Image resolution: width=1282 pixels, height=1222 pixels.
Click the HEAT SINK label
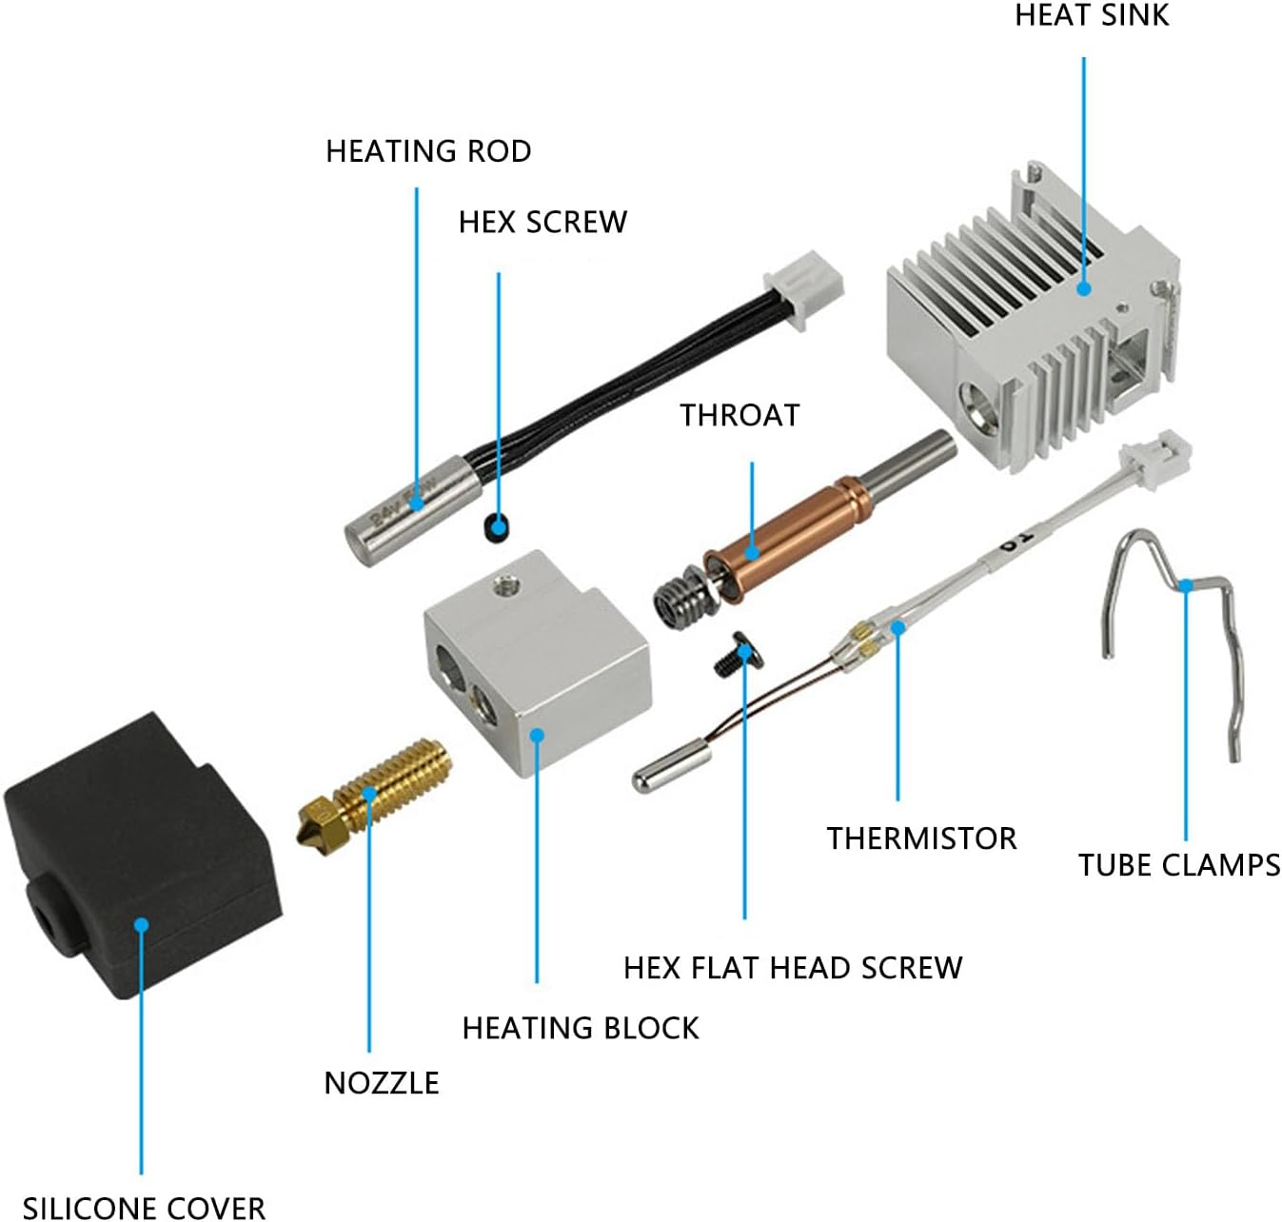click(1091, 15)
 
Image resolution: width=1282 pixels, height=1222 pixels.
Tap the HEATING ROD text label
click(428, 151)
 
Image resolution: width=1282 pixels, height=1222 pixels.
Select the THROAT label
click(740, 416)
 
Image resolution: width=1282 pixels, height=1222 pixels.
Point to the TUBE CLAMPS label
click(1178, 865)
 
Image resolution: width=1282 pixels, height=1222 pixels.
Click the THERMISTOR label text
click(921, 838)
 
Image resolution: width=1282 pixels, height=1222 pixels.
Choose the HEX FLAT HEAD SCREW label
click(793, 968)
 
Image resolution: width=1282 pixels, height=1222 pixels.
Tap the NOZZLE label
click(382, 1083)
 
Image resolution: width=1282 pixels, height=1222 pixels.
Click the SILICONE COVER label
click(144, 1207)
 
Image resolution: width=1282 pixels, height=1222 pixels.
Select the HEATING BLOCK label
click(581, 1028)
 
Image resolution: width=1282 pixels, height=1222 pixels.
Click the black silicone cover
click(143, 876)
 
